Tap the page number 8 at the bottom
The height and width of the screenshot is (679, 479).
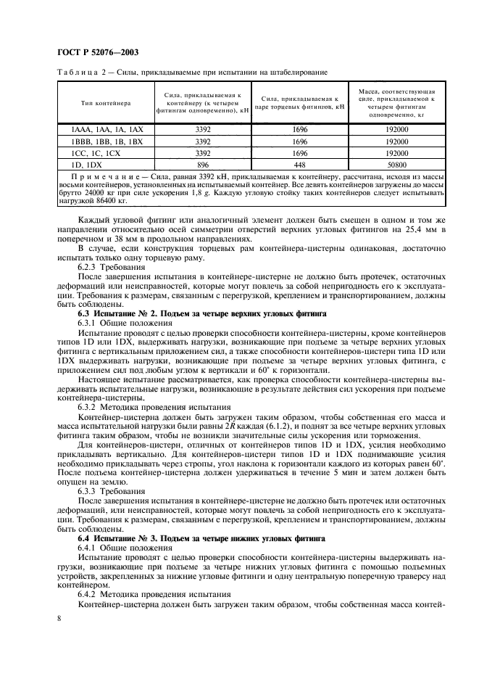pyautogui.click(x=58, y=617)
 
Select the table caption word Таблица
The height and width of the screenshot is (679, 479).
pyautogui.click(x=76, y=72)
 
